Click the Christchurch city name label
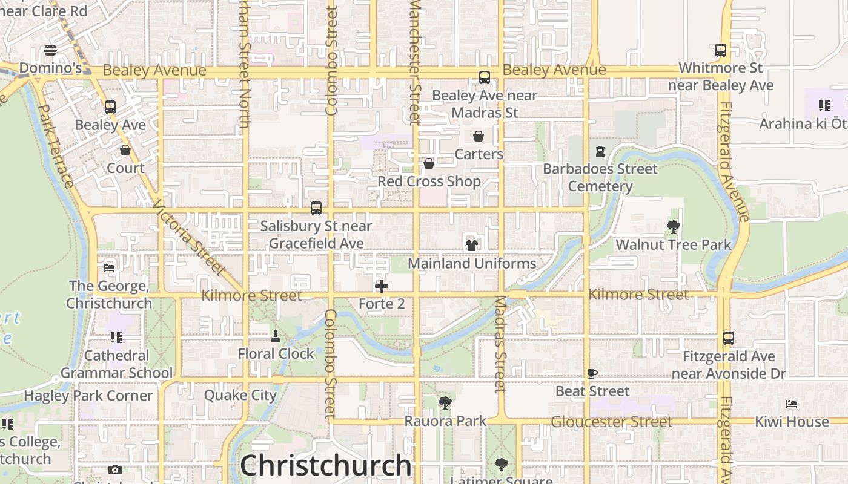(x=326, y=465)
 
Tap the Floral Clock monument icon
(x=276, y=336)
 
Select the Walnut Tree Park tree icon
(x=673, y=227)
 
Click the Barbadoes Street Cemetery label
(x=600, y=177)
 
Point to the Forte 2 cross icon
(x=382, y=286)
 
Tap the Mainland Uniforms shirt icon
(x=472, y=245)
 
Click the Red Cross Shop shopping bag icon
(x=429, y=163)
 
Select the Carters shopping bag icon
(x=479, y=136)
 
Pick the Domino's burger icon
(x=50, y=50)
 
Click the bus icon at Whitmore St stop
(x=720, y=50)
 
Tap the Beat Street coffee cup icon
(x=592, y=373)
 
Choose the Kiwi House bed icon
(x=792, y=404)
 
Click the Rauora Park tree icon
(x=445, y=402)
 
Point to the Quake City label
(x=240, y=396)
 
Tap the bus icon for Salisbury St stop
(x=316, y=208)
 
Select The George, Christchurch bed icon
(x=109, y=267)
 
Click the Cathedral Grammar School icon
(x=116, y=338)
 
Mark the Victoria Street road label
(x=189, y=237)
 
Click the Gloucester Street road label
(x=612, y=422)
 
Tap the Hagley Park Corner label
(x=88, y=396)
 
